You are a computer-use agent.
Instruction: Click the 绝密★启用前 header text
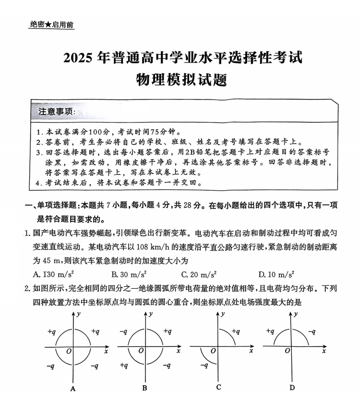tap(51, 25)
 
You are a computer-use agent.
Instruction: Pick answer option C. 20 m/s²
tap(198, 274)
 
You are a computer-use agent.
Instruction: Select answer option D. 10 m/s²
tap(276, 274)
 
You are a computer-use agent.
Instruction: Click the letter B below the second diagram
tap(144, 387)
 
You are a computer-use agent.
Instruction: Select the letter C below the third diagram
tap(218, 387)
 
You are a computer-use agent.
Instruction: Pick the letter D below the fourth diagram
tap(292, 387)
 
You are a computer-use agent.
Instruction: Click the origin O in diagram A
tap(69, 352)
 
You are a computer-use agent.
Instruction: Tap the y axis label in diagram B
tap(151, 314)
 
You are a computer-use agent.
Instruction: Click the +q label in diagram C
tap(236, 332)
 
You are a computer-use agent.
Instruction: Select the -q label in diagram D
tap(312, 332)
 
